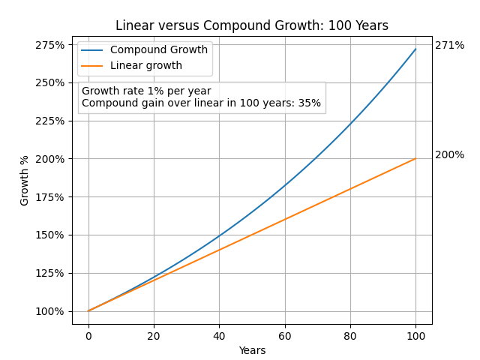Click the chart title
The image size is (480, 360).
(252, 25)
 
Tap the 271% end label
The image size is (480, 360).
(449, 46)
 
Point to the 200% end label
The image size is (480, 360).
(449, 155)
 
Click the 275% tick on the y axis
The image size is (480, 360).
(50, 44)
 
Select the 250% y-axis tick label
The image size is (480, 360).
(50, 82)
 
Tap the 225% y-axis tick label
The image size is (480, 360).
(50, 121)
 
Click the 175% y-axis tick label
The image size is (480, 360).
(50, 196)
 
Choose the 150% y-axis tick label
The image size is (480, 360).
(50, 235)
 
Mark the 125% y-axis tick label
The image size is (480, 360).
(50, 273)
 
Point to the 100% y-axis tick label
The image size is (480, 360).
(50, 311)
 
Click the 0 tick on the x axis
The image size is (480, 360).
(88, 335)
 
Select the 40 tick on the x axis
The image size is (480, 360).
(219, 335)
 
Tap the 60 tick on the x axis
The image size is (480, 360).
(285, 335)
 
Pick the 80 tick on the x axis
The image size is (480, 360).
(350, 335)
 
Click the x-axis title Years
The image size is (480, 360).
(252, 350)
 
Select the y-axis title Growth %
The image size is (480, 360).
(25, 180)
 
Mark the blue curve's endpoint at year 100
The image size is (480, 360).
(415, 49)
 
